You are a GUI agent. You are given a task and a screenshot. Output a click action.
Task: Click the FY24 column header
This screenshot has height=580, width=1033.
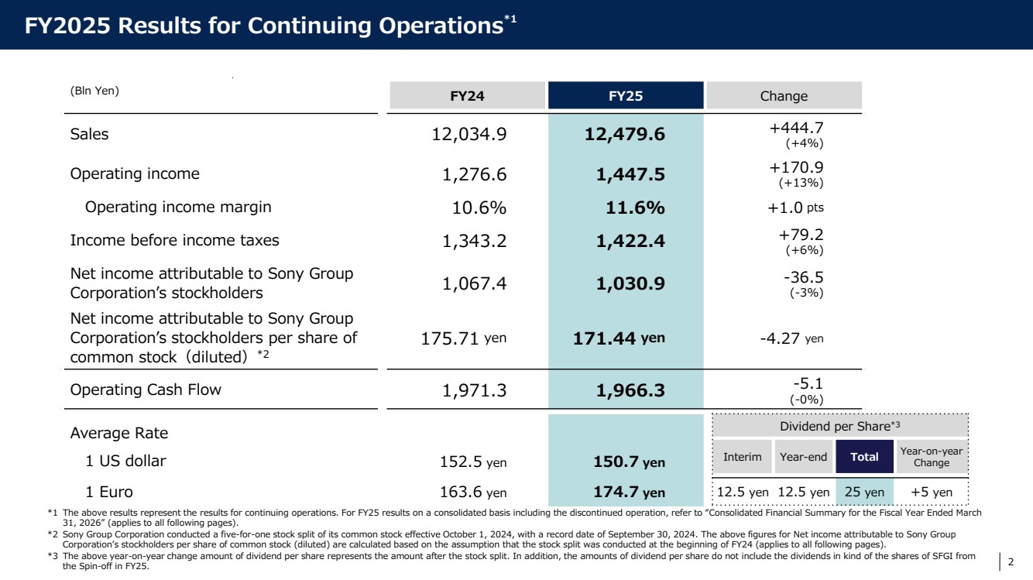click(467, 95)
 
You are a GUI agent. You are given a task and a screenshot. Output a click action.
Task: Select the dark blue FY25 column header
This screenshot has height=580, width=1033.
click(626, 95)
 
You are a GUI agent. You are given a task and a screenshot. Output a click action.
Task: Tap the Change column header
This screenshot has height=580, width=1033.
click(784, 95)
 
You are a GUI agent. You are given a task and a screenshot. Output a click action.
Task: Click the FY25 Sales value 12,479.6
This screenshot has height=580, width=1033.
click(625, 134)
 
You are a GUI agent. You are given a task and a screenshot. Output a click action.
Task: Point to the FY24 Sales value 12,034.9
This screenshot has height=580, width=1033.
click(469, 134)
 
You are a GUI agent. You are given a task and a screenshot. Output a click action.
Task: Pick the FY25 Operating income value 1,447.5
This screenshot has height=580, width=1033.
click(630, 174)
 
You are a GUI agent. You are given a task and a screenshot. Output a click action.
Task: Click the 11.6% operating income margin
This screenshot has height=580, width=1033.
click(635, 208)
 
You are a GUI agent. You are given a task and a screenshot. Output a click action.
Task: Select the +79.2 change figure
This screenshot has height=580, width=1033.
click(801, 235)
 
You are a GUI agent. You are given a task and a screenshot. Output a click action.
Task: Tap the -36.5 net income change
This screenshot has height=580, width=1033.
click(804, 277)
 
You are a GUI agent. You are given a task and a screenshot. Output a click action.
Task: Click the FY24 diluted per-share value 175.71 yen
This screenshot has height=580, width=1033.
click(464, 338)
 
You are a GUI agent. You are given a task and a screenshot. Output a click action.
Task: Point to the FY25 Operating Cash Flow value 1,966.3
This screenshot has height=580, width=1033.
click(630, 390)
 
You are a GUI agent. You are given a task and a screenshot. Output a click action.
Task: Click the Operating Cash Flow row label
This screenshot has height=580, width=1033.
click(146, 390)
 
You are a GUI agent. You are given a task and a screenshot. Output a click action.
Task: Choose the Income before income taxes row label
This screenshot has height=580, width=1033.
click(175, 240)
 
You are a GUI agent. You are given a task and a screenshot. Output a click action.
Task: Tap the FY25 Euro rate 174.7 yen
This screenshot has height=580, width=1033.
click(629, 492)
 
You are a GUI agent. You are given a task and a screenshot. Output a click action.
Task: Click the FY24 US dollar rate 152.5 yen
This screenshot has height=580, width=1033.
click(473, 462)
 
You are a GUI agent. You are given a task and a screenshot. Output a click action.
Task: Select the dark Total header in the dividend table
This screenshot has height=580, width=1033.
click(864, 456)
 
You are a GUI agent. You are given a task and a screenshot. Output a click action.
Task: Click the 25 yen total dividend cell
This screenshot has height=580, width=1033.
click(864, 492)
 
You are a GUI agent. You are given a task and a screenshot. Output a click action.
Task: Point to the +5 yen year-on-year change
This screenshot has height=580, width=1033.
click(931, 492)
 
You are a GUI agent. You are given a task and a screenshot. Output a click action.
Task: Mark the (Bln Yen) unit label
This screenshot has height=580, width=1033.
click(94, 91)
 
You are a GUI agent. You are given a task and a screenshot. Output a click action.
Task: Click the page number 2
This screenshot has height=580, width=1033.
click(1011, 561)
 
